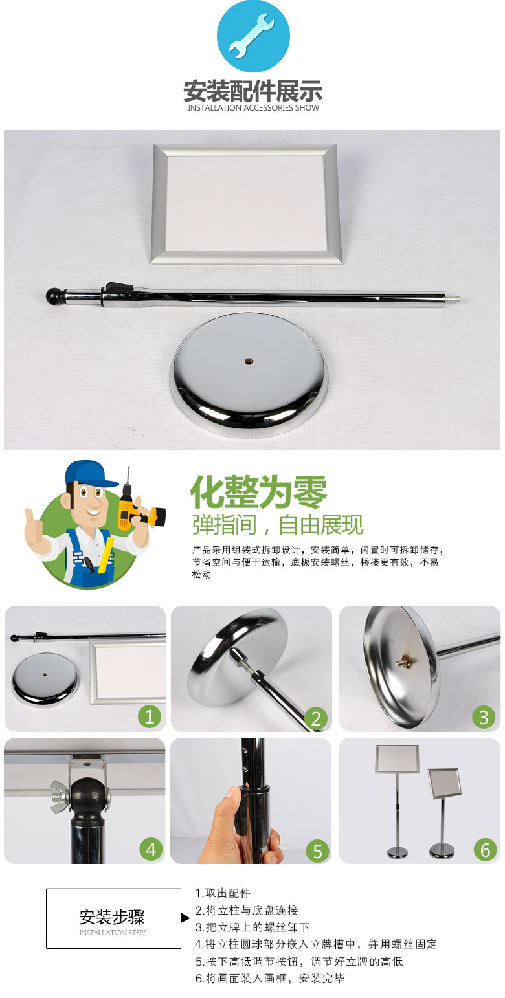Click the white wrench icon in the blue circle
tap(252, 36)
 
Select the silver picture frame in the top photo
tap(247, 204)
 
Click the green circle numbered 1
tap(150, 716)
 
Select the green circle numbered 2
tap(316, 718)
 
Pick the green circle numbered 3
tap(484, 717)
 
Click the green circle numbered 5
tap(317, 851)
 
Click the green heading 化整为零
tap(258, 492)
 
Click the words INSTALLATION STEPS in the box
tap(113, 932)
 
